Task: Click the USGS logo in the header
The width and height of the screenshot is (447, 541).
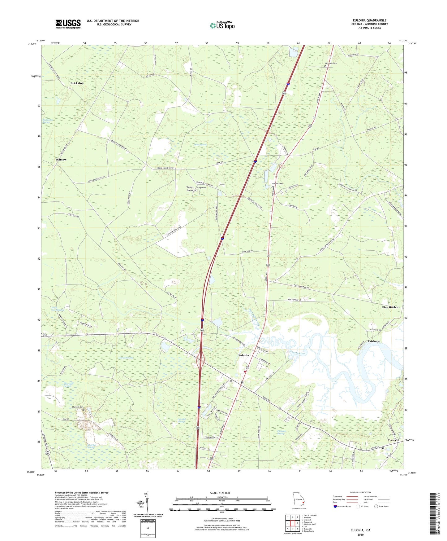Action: tap(68, 24)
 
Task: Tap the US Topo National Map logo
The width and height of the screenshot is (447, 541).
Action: tap(222, 25)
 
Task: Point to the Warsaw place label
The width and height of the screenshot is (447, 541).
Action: tap(61, 159)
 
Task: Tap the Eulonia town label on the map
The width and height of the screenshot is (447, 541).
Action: tap(243, 355)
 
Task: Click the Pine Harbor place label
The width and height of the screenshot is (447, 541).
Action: tap(390, 307)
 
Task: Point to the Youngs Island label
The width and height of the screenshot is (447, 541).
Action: tap(190, 189)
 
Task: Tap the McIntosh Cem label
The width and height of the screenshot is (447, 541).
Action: tap(330, 63)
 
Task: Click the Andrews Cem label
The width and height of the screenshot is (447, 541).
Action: tap(277, 184)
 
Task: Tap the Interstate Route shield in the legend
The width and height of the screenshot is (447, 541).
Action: tap(335, 506)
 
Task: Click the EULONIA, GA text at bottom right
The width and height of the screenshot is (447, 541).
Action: tap(360, 530)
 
